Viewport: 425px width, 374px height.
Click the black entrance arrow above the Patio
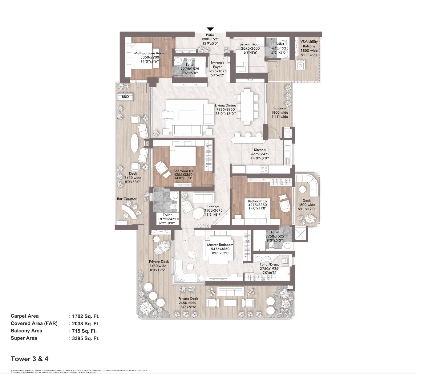pyautogui.click(x=210, y=29)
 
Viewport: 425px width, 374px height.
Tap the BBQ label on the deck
pyautogui.click(x=125, y=97)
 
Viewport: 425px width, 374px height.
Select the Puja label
pyautogui.click(x=250, y=80)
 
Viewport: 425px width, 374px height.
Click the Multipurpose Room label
pyautogui.click(x=149, y=53)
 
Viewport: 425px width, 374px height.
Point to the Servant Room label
pyautogui.click(x=250, y=44)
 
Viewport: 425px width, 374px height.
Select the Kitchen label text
pyautogui.click(x=260, y=150)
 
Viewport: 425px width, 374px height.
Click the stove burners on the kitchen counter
pyautogui.click(x=264, y=169)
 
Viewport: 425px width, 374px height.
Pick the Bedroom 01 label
pyautogui.click(x=183, y=171)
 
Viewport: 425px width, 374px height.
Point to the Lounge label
pyautogui.click(x=213, y=206)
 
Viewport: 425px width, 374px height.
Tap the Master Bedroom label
pyautogui.click(x=220, y=245)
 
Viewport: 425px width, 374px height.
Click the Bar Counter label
pyautogui.click(x=127, y=199)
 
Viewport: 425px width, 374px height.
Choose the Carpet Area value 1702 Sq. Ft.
pyautogui.click(x=86, y=316)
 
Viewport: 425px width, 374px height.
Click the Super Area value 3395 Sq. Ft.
pyautogui.click(x=86, y=338)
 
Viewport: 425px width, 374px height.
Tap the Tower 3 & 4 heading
pyautogui.click(x=30, y=359)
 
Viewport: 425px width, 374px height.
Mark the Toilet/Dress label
pyautogui.click(x=269, y=265)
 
